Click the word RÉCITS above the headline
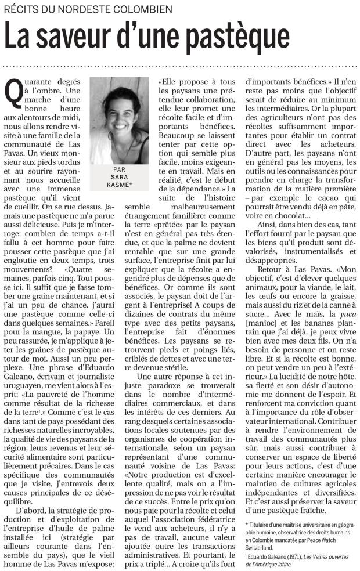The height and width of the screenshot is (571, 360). [x=21, y=10]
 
